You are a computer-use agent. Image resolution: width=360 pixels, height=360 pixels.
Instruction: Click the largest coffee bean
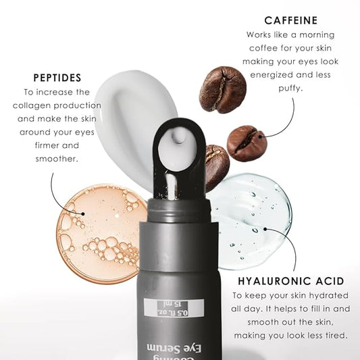(x=223, y=89)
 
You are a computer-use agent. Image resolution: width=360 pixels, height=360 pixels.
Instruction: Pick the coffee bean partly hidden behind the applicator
(x=217, y=166)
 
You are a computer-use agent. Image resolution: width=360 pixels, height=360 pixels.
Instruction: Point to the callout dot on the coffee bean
(x=263, y=136)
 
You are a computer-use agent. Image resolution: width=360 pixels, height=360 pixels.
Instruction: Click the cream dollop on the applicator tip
(x=178, y=136)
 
